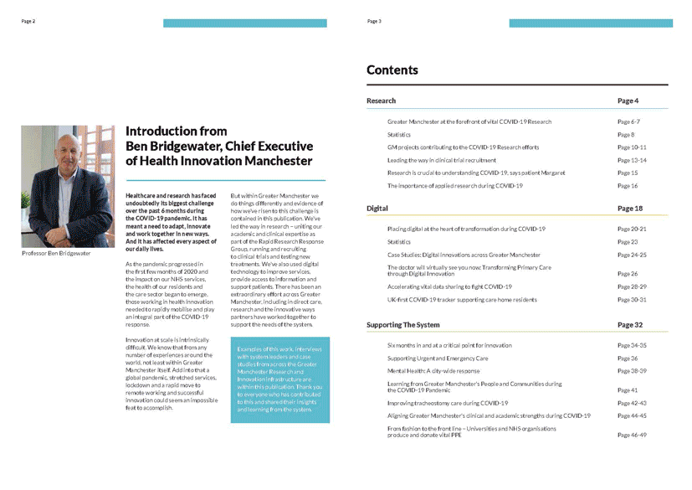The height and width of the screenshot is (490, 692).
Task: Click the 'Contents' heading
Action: (x=392, y=70)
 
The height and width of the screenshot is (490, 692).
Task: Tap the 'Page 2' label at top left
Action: (x=28, y=21)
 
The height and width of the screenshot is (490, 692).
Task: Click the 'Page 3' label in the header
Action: (x=374, y=21)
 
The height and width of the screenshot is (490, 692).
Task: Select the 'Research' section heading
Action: (x=381, y=101)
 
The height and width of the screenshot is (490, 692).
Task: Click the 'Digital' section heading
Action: (x=377, y=208)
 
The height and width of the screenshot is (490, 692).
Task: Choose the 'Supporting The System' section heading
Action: (x=402, y=324)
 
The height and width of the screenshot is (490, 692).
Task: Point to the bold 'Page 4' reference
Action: (x=628, y=101)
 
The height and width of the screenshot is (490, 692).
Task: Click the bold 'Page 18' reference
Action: (x=629, y=208)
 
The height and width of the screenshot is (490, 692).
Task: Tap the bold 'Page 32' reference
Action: (x=629, y=324)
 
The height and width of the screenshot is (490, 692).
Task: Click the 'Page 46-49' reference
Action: (x=632, y=435)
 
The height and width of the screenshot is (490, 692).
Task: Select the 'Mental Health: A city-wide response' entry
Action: (x=433, y=370)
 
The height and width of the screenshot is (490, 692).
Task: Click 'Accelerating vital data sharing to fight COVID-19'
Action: (x=449, y=286)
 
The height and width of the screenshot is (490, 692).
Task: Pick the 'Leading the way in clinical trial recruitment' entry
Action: (x=441, y=160)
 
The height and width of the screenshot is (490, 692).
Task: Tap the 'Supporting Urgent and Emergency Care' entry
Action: (x=438, y=358)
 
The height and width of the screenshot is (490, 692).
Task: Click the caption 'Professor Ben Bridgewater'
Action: (x=56, y=252)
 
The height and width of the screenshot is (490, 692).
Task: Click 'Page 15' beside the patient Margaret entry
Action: (x=628, y=173)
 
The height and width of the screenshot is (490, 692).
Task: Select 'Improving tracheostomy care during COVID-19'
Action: (x=447, y=403)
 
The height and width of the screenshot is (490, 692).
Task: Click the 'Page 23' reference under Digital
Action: (x=628, y=242)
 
